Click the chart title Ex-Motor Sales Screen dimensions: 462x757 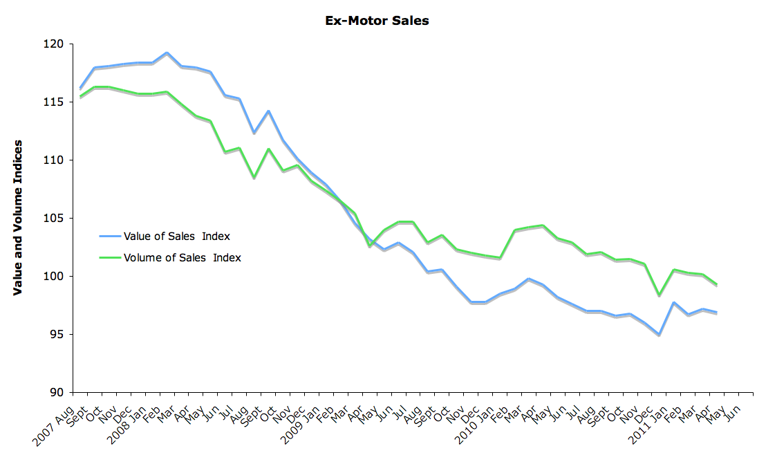pyautogui.click(x=377, y=21)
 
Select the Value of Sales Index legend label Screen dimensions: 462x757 pyautogui.click(x=176, y=237)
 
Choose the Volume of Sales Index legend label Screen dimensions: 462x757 pyautogui.click(x=183, y=258)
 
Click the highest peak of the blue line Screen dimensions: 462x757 pyautogui.click(x=167, y=53)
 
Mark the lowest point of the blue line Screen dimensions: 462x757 pyautogui.click(x=659, y=335)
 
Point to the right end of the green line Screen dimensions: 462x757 pyautogui.click(x=716, y=285)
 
